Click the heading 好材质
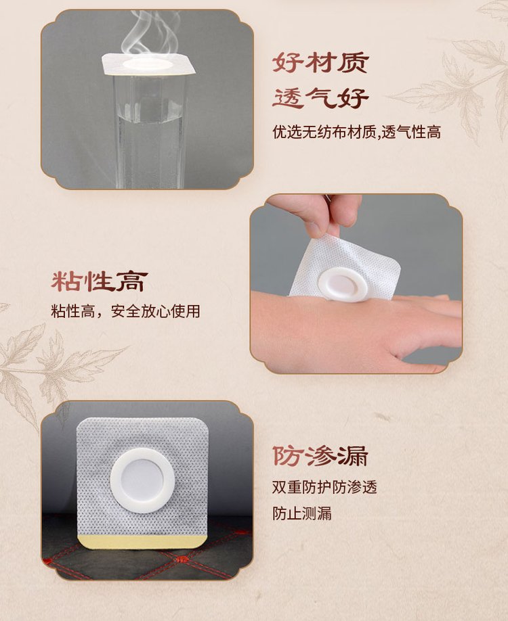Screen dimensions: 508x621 click(x=320, y=62)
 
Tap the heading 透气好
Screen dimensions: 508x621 click(x=320, y=98)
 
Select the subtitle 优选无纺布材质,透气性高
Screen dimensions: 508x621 click(x=356, y=132)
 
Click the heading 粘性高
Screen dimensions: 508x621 click(x=100, y=281)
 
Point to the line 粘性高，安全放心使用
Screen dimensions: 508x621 click(x=126, y=311)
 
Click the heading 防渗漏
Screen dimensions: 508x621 click(x=320, y=456)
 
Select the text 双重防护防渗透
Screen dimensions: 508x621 click(x=324, y=487)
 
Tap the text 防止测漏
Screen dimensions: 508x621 click(x=302, y=513)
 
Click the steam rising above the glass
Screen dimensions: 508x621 click(x=150, y=34)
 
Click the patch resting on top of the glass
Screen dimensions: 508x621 click(x=148, y=64)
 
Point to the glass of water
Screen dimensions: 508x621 click(x=150, y=131)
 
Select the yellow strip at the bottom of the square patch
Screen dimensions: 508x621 click(x=143, y=541)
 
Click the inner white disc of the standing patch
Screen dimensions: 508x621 click(x=142, y=480)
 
